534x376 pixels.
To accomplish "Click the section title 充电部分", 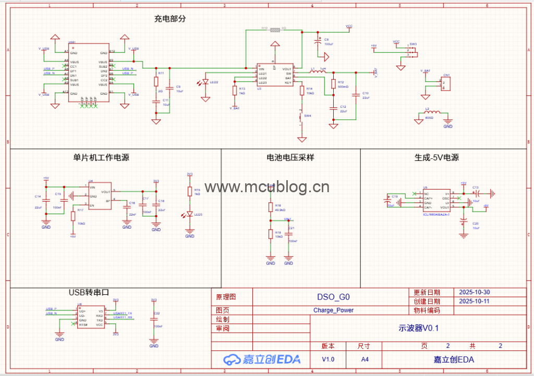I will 169,19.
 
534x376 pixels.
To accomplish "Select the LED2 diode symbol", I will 205,82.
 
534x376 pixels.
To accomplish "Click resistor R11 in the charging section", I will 156,81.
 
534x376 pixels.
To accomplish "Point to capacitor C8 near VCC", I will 319,42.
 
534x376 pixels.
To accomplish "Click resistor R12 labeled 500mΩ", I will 333,84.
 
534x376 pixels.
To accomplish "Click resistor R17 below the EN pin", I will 73,216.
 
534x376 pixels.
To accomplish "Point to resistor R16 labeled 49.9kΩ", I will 270,208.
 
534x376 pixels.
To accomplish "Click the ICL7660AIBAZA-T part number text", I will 436,214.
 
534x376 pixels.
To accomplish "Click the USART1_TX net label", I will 123,313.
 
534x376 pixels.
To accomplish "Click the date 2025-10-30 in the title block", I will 474,292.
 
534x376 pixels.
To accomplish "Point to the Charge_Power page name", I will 333,310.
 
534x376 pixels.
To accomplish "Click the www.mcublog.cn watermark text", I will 267,187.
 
